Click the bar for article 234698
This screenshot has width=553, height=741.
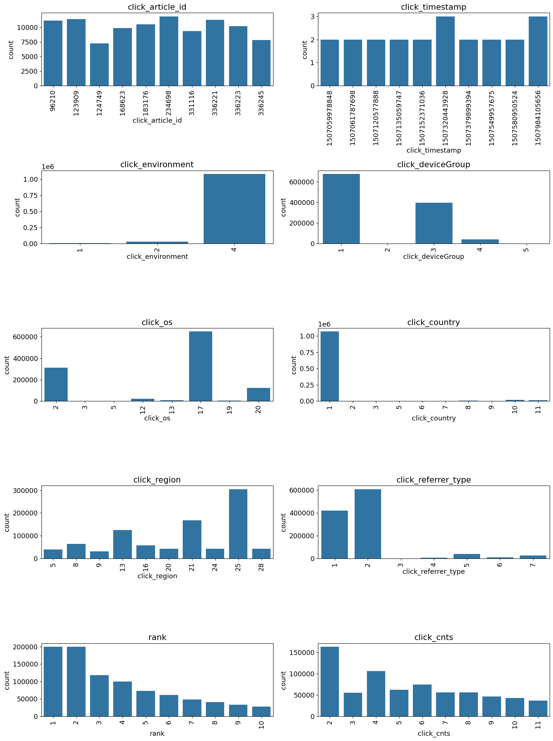coord(169,51)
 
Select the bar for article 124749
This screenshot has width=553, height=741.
coord(99,65)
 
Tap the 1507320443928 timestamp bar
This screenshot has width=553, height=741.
coord(445,51)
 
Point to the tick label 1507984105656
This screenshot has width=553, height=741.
coord(538,118)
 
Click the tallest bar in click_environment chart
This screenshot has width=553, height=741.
coord(234,209)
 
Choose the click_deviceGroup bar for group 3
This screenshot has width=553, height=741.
coord(433,223)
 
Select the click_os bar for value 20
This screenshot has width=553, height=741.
coord(258,394)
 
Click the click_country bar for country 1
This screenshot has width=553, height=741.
coord(329,366)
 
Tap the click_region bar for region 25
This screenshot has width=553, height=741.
coord(238,524)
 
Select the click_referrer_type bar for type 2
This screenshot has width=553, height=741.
coord(368,524)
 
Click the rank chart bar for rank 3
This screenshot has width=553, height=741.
coord(99,695)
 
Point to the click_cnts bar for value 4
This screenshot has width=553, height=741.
coord(376,693)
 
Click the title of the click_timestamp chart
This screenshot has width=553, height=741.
coord(433,7)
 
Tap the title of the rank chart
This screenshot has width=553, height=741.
coord(157,637)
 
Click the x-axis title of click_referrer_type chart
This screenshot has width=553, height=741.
coord(433,572)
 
